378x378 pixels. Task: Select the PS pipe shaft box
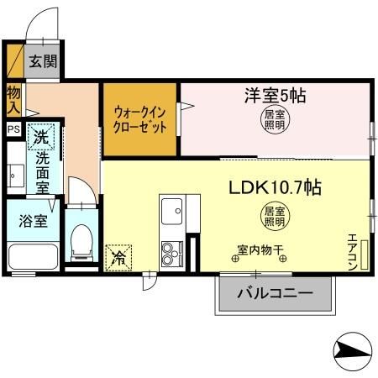(13, 129)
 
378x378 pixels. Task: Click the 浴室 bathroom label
(33, 222)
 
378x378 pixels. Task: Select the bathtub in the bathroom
(32, 257)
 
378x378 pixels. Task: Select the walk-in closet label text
(139, 119)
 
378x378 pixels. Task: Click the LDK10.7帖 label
(275, 187)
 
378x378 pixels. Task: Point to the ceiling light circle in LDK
(274, 217)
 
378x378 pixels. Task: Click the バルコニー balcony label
(274, 294)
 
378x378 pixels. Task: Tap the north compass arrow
(349, 347)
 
